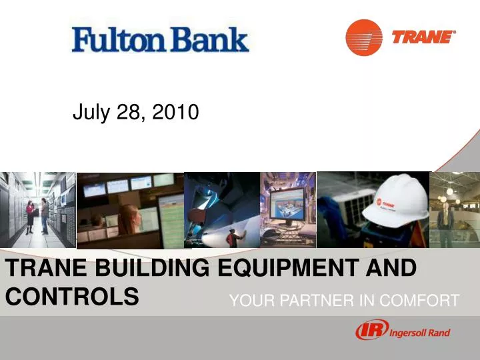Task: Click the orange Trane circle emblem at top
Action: coord(363,37)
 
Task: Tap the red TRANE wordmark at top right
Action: coord(423,37)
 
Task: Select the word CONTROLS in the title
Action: coord(72,295)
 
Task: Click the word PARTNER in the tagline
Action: coord(313,301)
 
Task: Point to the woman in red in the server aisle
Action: coord(30,214)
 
